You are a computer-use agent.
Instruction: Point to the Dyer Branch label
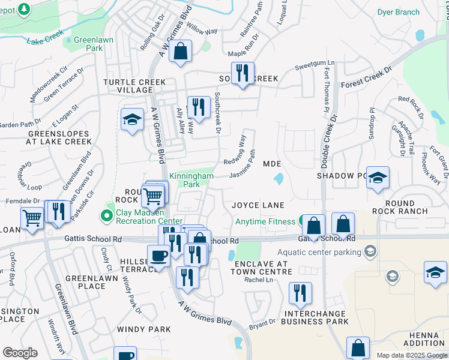pos(398,12)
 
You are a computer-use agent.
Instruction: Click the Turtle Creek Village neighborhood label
pos(128,86)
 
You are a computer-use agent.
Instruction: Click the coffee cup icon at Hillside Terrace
pos(159,256)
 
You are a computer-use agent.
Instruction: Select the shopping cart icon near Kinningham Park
pos(154,194)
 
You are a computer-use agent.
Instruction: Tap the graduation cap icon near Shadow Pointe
pos(378,178)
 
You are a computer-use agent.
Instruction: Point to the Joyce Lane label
pos(258,205)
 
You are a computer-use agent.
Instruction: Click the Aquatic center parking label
pos(325,250)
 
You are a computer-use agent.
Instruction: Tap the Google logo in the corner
pos(20,353)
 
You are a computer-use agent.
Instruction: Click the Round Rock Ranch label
pos(400,207)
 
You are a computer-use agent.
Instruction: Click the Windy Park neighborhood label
pos(144,329)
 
